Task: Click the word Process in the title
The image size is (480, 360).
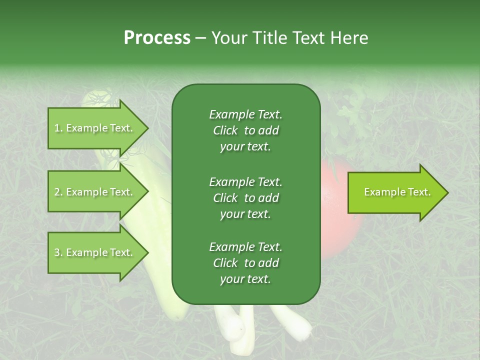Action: pos(157,38)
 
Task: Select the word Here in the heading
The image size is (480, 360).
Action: pos(348,38)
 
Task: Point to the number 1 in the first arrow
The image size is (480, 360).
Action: pos(57,128)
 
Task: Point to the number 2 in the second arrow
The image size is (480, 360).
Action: pos(57,192)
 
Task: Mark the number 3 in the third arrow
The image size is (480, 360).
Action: pos(57,252)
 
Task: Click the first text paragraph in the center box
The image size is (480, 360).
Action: pos(245,130)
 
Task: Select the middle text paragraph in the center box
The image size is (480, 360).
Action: pos(245,198)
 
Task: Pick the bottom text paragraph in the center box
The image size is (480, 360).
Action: pos(245,263)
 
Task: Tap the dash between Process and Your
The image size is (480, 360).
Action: pos(200,38)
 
